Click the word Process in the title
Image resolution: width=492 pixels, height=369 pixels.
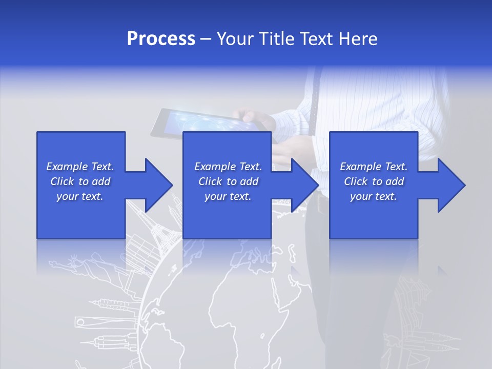click(x=161, y=39)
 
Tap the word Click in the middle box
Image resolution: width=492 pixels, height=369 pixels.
click(x=211, y=181)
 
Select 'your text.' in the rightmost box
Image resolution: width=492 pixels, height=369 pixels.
click(x=374, y=196)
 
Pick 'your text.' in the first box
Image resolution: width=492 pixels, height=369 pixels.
click(x=80, y=196)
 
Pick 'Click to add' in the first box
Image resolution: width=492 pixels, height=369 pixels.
click(x=80, y=181)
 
